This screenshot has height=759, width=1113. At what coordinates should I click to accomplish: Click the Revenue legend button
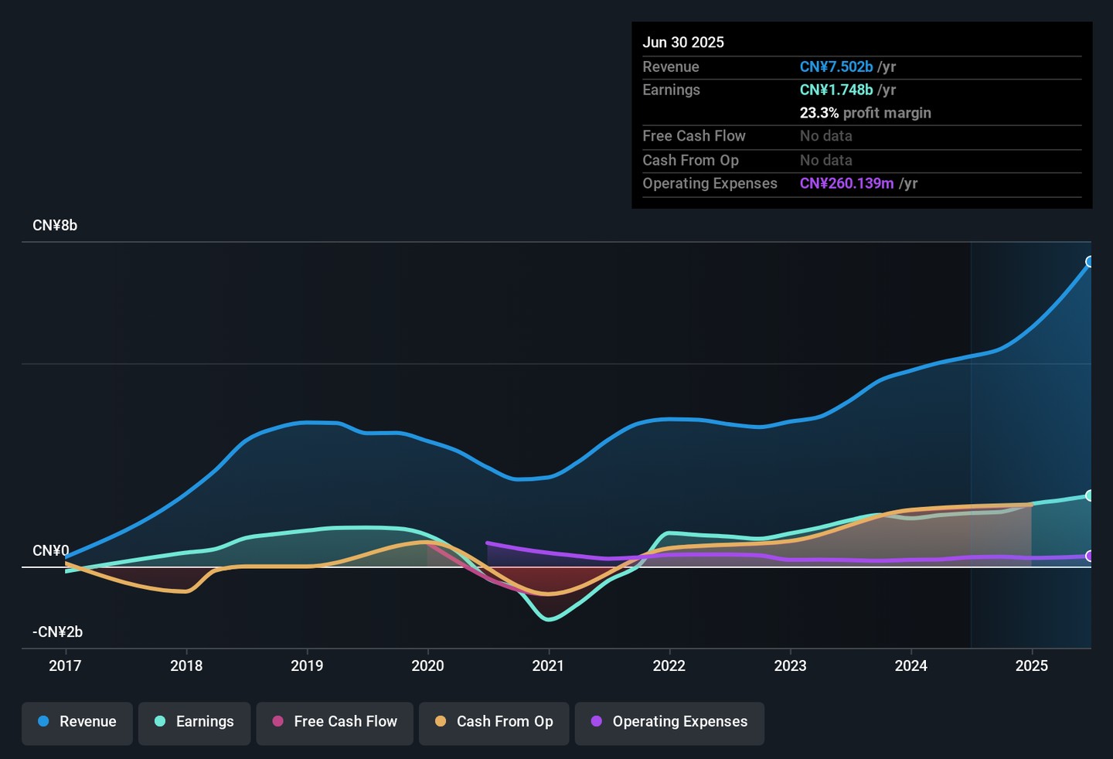coord(77,722)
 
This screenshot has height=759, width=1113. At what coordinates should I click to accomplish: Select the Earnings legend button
coord(194,722)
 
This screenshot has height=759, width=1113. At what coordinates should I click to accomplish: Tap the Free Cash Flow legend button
coord(335,722)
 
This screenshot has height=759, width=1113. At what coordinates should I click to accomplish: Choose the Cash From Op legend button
coord(494,722)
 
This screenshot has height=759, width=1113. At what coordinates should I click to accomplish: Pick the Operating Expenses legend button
coord(669,722)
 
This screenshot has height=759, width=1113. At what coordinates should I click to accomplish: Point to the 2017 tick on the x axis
coord(65,665)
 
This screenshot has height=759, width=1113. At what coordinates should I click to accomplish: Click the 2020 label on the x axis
coord(427,665)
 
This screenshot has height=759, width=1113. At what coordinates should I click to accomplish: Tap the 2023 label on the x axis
coord(790,665)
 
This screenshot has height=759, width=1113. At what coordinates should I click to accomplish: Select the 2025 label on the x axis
coord(1031,665)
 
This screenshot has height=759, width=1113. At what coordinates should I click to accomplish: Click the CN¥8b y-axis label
coord(55,226)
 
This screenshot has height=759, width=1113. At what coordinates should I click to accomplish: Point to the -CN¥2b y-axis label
coord(57,632)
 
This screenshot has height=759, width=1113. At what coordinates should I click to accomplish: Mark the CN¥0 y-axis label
coord(50,551)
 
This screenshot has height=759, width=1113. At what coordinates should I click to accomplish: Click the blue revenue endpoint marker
coord(1090,262)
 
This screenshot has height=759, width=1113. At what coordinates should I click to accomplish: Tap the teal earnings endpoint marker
coord(1090,495)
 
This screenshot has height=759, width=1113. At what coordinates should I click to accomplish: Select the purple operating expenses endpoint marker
coord(1090,556)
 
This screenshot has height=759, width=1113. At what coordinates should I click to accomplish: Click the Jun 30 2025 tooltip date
coord(683,43)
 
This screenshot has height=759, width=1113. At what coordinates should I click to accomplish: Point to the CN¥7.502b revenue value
coord(836,67)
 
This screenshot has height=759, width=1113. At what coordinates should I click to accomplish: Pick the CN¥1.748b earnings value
coord(836,90)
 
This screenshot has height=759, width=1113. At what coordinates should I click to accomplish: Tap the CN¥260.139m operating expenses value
coord(846,184)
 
